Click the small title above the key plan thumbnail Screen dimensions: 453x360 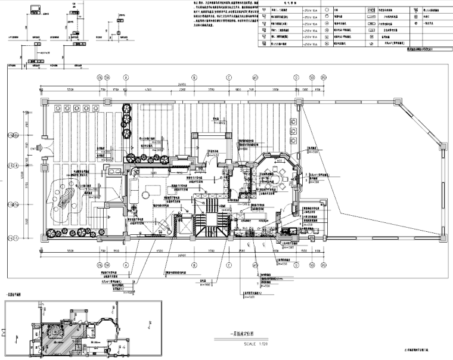13,294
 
